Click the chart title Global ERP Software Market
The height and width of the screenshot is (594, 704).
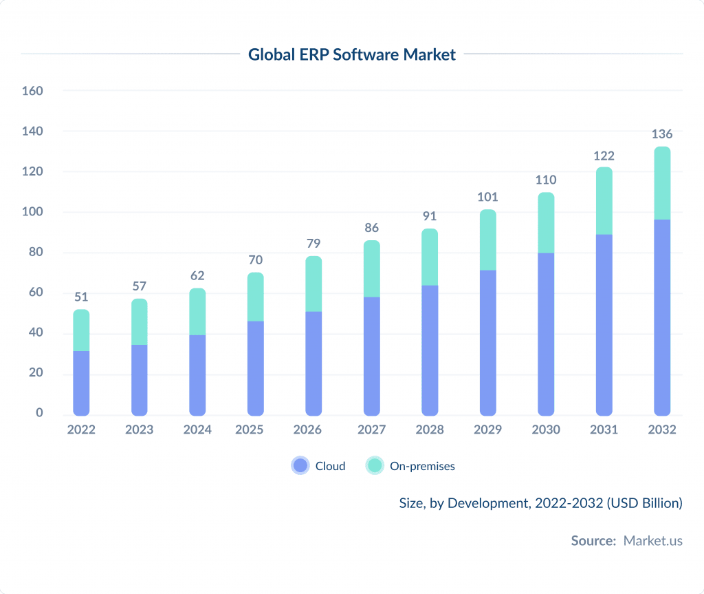[x=351, y=54]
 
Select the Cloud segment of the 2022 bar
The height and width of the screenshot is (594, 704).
[x=81, y=383]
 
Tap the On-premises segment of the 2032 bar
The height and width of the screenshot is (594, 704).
[x=662, y=184]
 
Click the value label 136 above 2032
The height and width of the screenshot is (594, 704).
[x=662, y=134]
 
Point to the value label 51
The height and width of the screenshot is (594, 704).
[x=81, y=297]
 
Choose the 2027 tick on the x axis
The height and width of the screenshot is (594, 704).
[x=372, y=429]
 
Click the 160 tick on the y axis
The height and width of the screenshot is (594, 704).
[x=32, y=91]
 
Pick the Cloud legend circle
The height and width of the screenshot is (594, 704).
[x=300, y=466]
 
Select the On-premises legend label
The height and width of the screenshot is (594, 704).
[x=422, y=466]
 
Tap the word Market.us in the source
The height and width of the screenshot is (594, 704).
[x=652, y=540]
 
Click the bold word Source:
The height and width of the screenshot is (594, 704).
[x=593, y=540]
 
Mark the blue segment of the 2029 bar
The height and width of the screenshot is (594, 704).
[x=487, y=342]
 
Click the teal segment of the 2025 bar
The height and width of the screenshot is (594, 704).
[x=256, y=297]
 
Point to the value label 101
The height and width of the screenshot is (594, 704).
[x=487, y=198]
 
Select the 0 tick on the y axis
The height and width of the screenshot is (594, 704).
[x=39, y=413]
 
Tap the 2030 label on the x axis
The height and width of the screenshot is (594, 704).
[x=546, y=429]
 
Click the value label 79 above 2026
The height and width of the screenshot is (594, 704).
[x=313, y=244]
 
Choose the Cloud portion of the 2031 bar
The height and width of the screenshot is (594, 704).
[x=604, y=324]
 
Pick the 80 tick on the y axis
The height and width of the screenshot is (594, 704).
[x=36, y=252]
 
